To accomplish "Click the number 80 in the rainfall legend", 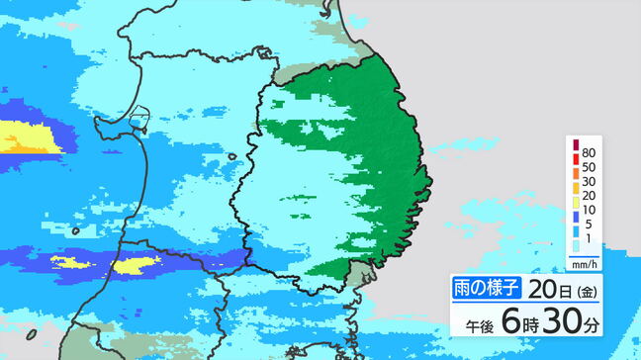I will [x=590, y=152].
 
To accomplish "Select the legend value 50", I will [x=590, y=167].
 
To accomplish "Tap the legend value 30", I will [x=590, y=182].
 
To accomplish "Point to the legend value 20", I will [x=590, y=197].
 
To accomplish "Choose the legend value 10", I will [x=590, y=212].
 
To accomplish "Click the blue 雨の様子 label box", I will [x=487, y=287].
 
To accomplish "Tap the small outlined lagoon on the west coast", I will [x=137, y=123].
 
